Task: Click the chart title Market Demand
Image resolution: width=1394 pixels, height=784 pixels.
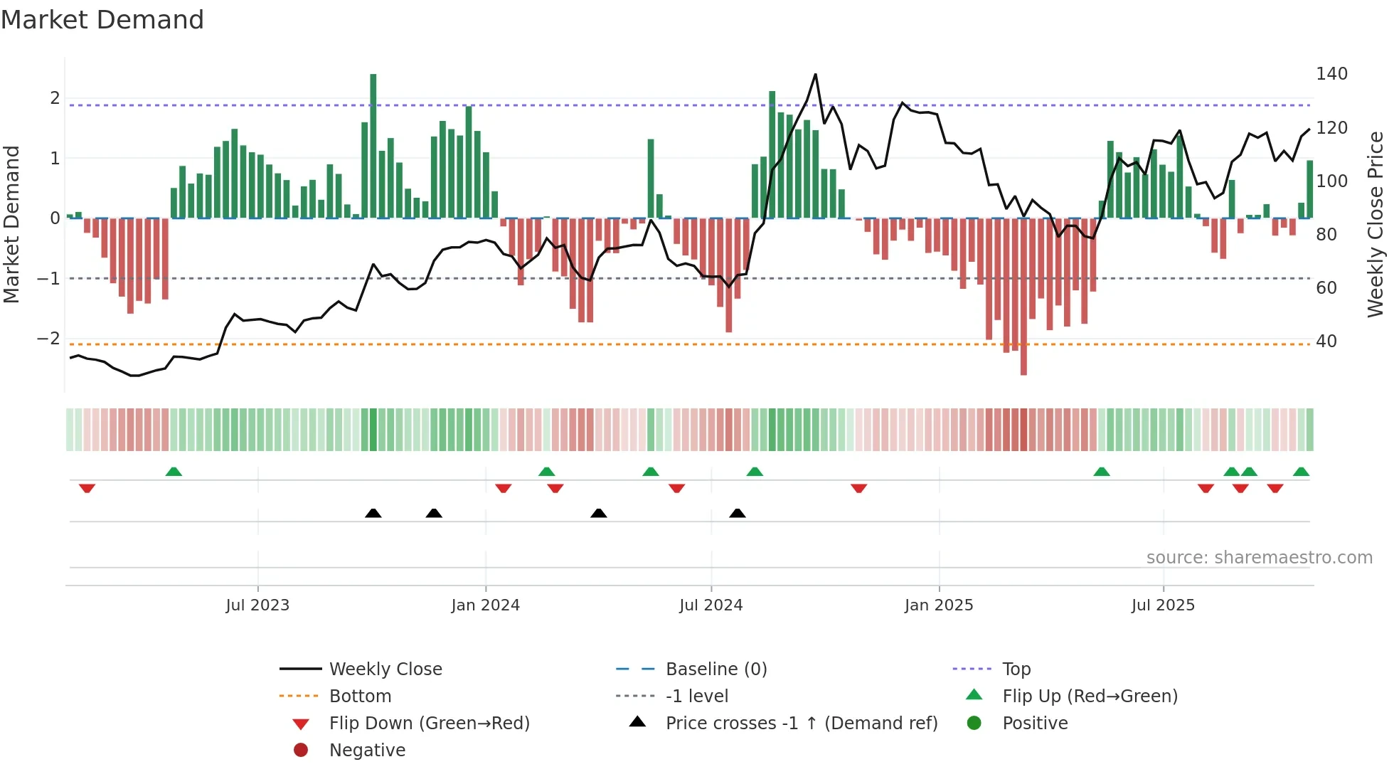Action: coord(102,20)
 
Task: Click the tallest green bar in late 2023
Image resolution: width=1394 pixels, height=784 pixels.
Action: coord(373,146)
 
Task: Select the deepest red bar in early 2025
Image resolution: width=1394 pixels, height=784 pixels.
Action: coord(1023,296)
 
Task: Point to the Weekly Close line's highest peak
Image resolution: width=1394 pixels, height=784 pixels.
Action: coord(815,75)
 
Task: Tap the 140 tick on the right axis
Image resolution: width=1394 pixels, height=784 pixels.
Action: coord(1331,74)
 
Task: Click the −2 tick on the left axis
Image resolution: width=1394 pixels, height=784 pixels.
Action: coord(49,339)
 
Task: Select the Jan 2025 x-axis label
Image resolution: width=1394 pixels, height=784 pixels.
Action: coord(939,605)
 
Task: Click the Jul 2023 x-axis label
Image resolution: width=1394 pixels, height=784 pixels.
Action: coord(257,605)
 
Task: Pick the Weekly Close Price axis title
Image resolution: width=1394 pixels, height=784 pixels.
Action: coord(1376,224)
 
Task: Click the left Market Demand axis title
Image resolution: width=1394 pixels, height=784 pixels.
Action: coord(12,224)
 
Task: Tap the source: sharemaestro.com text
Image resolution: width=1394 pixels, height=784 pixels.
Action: coord(1259,558)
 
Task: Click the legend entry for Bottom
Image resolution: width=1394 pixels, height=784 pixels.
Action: coord(360,696)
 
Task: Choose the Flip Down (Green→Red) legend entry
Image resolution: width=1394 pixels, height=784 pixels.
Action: coord(429,724)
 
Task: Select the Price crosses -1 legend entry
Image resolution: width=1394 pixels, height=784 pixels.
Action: coord(802,724)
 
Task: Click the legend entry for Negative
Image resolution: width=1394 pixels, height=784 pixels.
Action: coord(367,751)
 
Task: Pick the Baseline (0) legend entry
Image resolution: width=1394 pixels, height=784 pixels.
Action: coord(716,669)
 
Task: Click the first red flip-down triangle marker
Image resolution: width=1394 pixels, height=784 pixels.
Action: coord(87,488)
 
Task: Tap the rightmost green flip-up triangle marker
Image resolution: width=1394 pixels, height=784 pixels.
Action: coord(1301,472)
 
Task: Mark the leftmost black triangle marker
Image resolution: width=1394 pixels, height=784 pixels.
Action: coord(373,513)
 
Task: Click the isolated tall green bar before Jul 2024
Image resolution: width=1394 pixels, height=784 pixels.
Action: coord(651,178)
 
